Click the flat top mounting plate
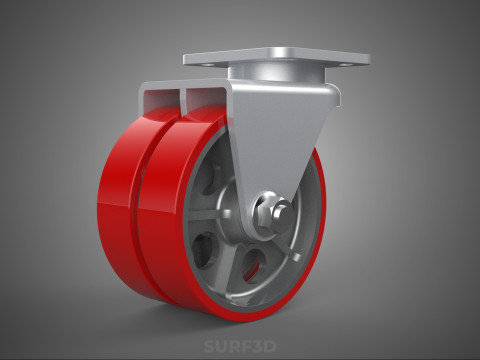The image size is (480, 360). click(277, 58)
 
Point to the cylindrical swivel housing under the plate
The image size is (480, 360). click(276, 73)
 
